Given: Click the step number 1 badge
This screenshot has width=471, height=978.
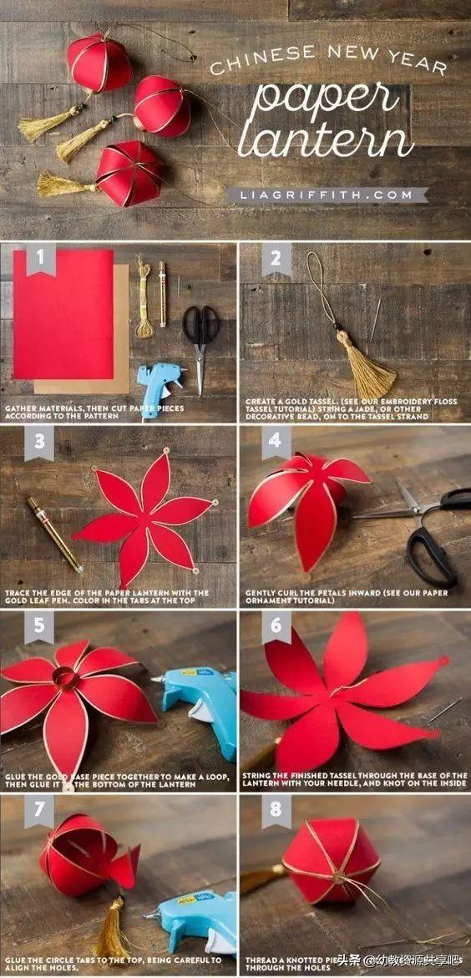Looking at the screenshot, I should pos(39,258).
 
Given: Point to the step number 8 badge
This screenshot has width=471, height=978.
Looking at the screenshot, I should pos(275,811).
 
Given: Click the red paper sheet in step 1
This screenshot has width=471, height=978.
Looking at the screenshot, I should pos(63,313).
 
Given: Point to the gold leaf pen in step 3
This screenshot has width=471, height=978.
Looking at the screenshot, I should pos(53,535).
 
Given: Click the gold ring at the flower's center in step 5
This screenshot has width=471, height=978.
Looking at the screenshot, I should pos(66,677).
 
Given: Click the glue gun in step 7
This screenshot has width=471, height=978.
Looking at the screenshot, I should pos(192,919).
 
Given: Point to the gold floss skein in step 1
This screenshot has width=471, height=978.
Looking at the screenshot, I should pos(145,301).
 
